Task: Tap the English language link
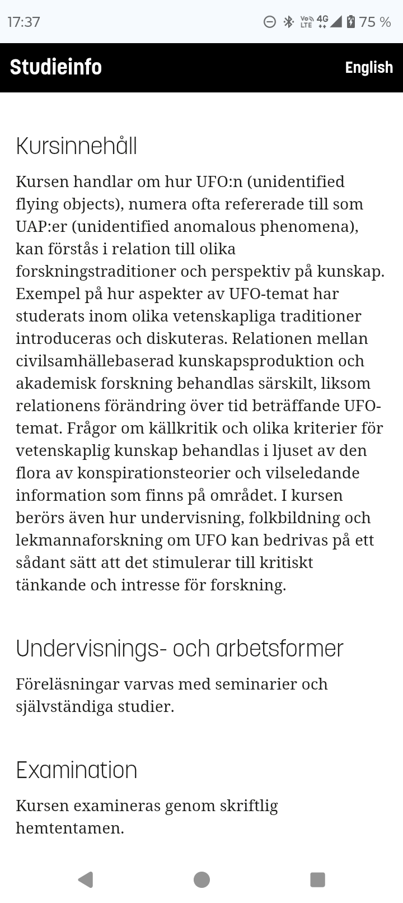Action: pos(369,67)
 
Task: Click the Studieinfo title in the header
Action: pos(56,67)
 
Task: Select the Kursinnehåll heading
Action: pos(77,146)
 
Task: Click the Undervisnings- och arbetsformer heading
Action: pos(180,649)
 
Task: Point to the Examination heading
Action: pos(77,770)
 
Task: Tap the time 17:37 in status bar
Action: pos(24,22)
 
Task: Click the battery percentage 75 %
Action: pos(375,22)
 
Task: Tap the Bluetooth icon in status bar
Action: pos(288,22)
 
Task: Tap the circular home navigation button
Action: pos(201,879)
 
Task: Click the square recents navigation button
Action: pos(317,879)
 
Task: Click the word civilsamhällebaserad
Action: pos(95,361)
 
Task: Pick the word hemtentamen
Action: pos(69,828)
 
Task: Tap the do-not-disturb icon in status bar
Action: pos(270,22)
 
